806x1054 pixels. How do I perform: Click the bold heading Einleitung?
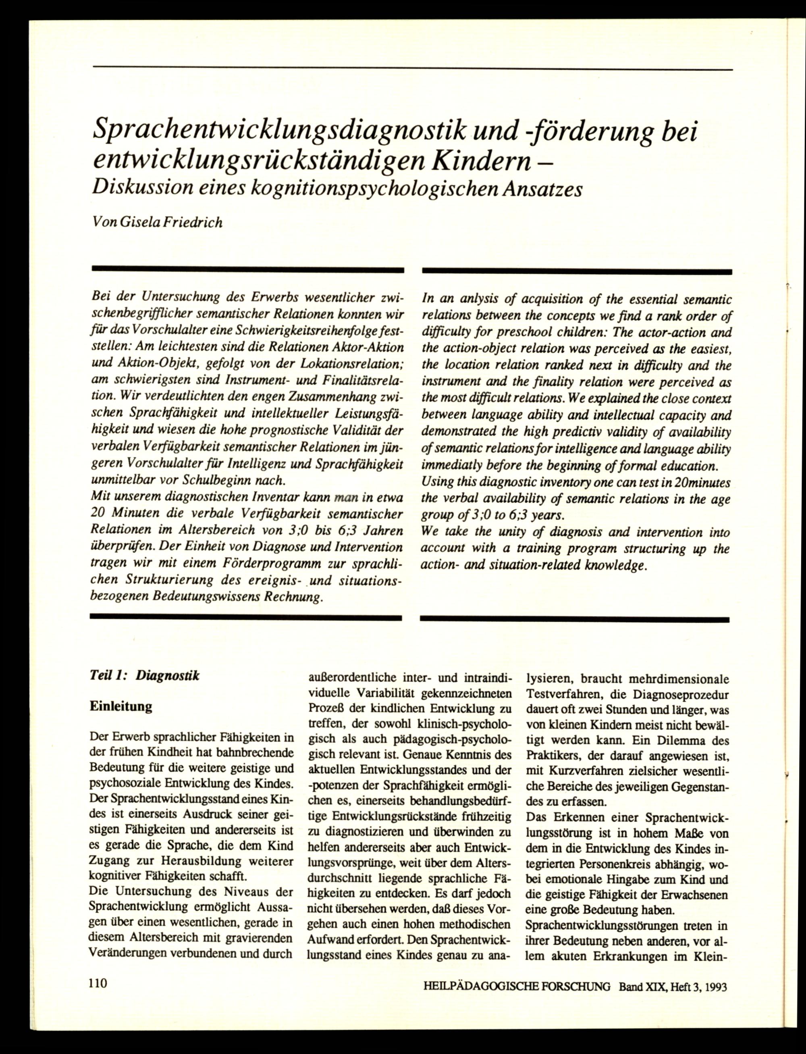121,706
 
